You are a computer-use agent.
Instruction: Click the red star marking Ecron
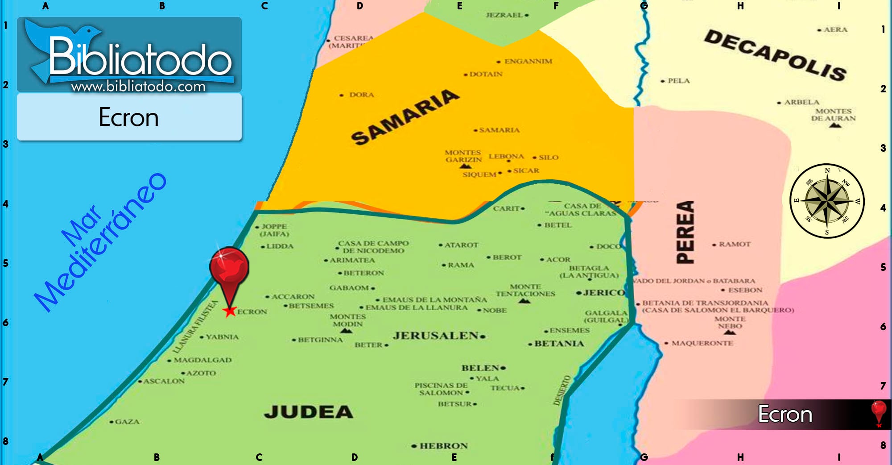[230, 311]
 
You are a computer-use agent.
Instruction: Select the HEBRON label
[443, 446]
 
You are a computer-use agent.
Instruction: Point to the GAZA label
[127, 422]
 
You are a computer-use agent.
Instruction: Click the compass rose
[827, 201]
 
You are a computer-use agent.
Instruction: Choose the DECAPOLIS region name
[775, 55]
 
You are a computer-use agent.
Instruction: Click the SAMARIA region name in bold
[405, 117]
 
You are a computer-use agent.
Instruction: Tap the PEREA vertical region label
[686, 232]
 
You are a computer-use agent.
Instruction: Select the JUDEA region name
[309, 412]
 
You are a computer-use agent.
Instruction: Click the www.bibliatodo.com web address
[138, 86]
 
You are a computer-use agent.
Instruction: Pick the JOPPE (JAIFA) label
[274, 230]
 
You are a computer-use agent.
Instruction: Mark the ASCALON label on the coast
[164, 381]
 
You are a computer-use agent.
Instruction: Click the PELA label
[678, 81]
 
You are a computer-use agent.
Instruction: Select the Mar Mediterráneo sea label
[100, 243]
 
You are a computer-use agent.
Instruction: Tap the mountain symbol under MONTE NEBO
[730, 332]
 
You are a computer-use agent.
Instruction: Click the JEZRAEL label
[504, 15]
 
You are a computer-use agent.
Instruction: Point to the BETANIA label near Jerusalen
[559, 344]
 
